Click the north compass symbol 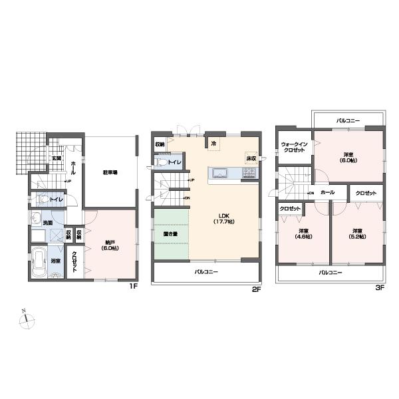coord(27,321)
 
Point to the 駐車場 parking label coord(111,172)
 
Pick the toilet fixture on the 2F coord(162,162)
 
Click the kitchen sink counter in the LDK coord(220,175)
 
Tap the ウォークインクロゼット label coord(293,147)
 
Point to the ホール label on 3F coord(327,192)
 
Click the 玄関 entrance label coord(57,158)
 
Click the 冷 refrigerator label coord(214,142)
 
